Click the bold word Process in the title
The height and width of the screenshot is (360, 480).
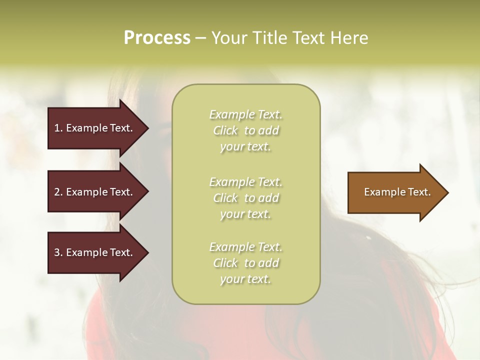(157, 38)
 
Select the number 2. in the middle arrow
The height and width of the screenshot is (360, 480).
(58, 192)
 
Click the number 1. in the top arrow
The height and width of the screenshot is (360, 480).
(58, 128)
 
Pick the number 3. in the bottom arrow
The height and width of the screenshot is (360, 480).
(58, 252)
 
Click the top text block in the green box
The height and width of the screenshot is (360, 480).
(245, 130)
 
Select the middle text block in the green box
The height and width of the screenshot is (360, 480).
(245, 198)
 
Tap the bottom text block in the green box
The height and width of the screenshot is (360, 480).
(245, 263)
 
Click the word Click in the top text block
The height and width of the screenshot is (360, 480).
(225, 130)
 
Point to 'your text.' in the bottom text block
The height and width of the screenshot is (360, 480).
(245, 279)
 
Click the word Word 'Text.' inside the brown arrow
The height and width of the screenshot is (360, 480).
(418, 192)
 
